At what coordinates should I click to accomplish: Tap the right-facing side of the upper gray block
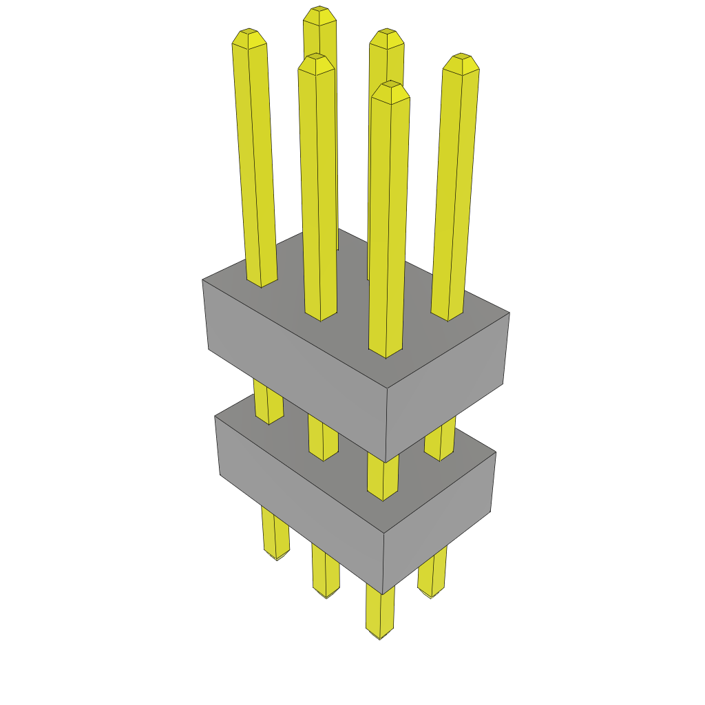(448, 386)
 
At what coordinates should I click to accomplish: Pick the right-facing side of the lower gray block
(441, 523)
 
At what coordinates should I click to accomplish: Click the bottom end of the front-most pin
(380, 633)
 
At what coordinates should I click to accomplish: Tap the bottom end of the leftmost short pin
(277, 555)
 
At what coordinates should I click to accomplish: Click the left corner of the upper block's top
(203, 280)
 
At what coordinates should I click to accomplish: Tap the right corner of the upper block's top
(509, 313)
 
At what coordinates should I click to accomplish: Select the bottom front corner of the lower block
(383, 592)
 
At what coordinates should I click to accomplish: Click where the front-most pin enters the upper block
(385, 352)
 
